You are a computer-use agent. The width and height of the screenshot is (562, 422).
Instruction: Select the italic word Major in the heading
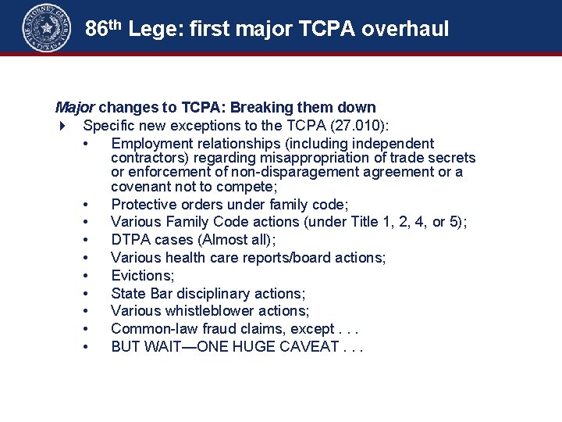(x=75, y=107)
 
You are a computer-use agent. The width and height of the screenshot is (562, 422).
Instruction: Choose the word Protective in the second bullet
(x=143, y=205)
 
